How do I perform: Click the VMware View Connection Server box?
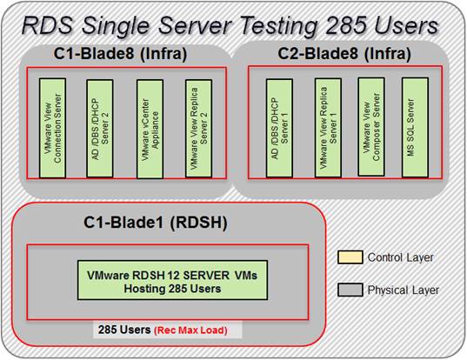(x=52, y=128)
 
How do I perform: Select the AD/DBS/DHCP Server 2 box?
(x=100, y=129)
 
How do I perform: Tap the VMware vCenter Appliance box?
(x=150, y=129)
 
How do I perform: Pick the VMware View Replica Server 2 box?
(x=198, y=129)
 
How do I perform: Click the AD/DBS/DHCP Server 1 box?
(x=279, y=128)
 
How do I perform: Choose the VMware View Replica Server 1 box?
(x=328, y=128)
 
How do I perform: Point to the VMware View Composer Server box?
(x=371, y=127)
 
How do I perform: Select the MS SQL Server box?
(x=415, y=128)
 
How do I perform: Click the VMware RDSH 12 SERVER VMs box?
(x=172, y=280)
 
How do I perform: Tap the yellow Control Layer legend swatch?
(x=350, y=257)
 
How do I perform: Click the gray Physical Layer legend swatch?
(x=350, y=290)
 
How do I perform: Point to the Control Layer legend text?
(x=400, y=257)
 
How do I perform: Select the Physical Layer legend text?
(x=404, y=290)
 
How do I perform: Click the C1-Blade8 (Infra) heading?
(x=120, y=54)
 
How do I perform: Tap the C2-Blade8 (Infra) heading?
(x=344, y=54)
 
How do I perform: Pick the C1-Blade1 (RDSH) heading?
(x=155, y=223)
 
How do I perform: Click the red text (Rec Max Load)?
(x=190, y=330)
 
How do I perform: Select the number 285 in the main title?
(x=345, y=25)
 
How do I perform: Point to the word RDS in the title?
(x=47, y=25)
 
